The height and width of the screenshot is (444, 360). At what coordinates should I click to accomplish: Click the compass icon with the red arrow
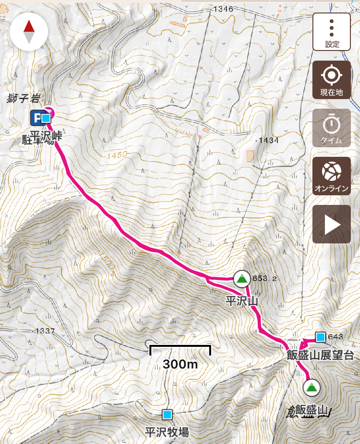[29, 32]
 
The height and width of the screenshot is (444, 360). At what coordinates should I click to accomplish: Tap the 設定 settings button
[332, 32]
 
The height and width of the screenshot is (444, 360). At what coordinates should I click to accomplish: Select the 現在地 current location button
[332, 80]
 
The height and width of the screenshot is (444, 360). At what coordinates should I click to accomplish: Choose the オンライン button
[332, 176]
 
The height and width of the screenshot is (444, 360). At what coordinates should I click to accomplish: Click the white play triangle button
[332, 224]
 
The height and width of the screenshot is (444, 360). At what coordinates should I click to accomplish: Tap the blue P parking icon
[35, 118]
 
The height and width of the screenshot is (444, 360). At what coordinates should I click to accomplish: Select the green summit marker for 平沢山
[241, 279]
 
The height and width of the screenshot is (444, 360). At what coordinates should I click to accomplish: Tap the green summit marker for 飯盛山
[311, 387]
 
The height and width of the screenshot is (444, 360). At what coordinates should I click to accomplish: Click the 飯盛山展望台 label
[320, 356]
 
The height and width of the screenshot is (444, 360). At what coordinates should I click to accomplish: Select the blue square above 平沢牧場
[167, 414]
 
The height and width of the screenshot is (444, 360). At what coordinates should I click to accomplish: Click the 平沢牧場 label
[167, 431]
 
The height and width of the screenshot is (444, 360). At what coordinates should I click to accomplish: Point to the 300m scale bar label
[180, 364]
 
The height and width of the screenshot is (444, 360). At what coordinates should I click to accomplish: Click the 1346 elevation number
[223, 9]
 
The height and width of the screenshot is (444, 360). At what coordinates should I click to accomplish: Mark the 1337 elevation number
[44, 331]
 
